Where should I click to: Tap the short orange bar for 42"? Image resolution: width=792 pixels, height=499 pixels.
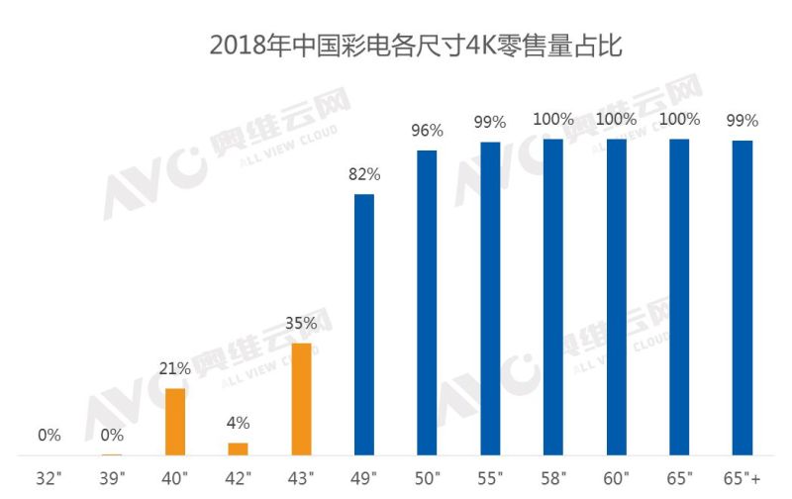239,449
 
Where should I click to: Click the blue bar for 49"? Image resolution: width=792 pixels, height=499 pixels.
364,325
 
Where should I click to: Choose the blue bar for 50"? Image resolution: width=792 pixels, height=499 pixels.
428,303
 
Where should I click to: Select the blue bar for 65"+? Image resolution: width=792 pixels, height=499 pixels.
742,298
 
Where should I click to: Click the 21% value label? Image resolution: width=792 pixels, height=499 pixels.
175,369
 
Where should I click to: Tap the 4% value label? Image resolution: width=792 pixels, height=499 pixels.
239,423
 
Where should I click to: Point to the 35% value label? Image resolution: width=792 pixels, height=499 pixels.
302,323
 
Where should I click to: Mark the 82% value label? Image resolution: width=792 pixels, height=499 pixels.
364,174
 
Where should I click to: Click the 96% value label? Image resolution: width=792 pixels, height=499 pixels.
428,131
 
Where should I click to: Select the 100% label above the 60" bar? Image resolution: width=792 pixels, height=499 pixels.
616,120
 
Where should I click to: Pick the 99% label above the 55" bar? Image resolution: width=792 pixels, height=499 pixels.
490,122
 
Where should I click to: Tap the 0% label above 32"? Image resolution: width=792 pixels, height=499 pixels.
49,435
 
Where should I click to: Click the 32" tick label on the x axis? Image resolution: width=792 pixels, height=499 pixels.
49,479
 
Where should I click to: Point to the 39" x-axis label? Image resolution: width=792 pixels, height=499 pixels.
113,479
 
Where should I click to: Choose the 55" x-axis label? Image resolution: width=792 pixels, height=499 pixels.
490,479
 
